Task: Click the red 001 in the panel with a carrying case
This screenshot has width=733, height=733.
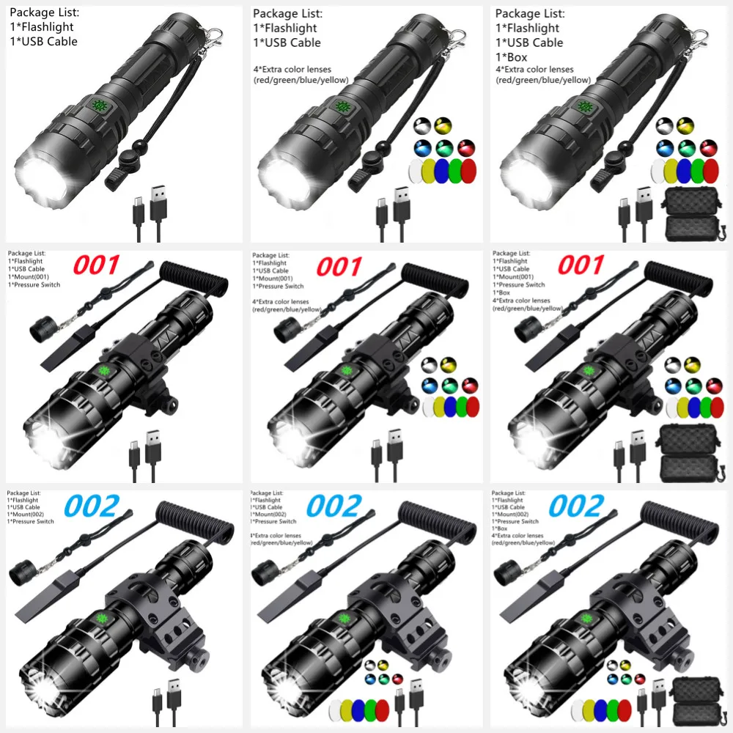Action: tap(581, 265)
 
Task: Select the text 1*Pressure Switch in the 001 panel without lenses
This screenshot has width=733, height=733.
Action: tap(34, 284)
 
